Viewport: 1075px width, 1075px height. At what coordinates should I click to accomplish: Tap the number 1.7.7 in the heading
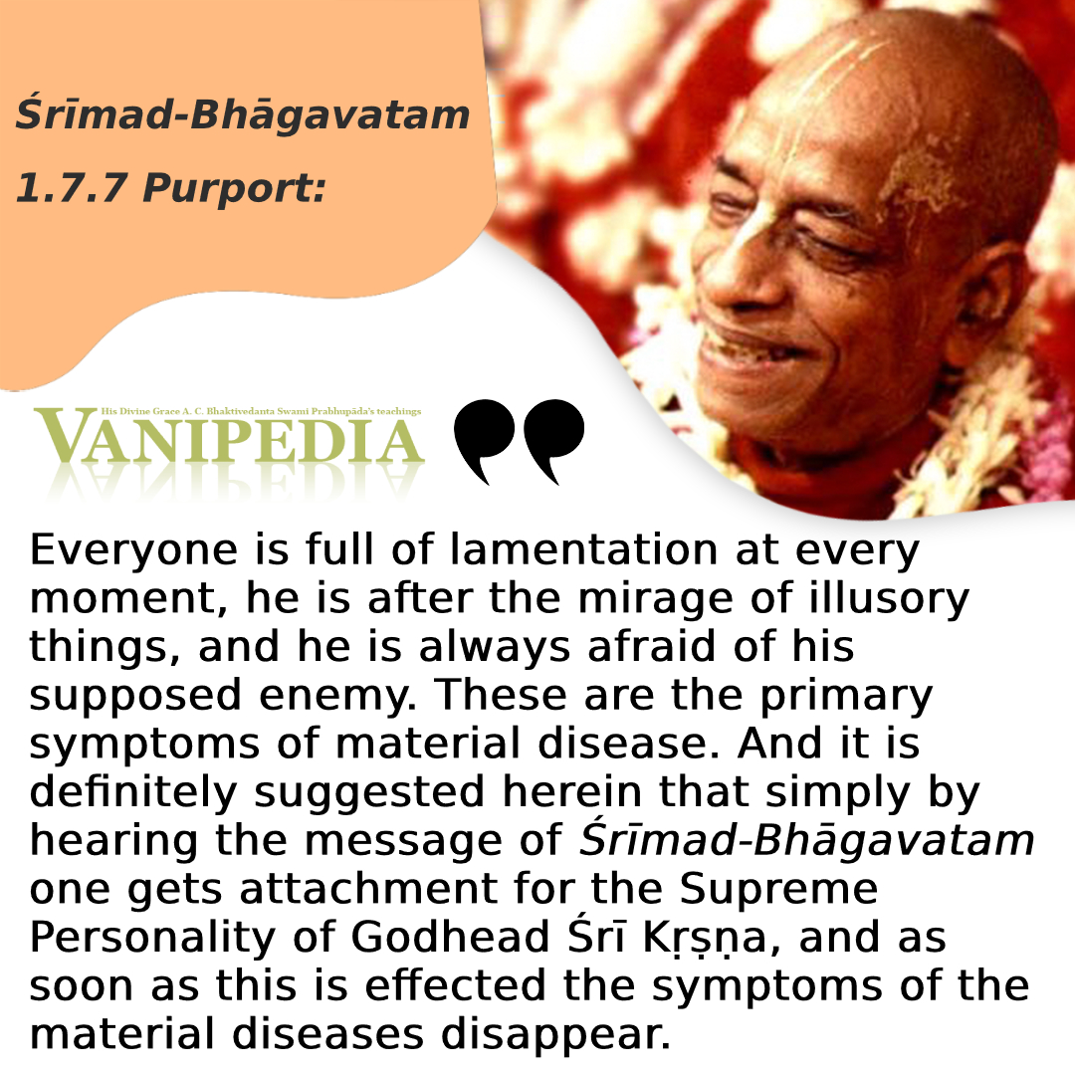coord(70,188)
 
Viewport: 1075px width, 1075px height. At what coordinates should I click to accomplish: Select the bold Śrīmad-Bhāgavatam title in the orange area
coord(243,113)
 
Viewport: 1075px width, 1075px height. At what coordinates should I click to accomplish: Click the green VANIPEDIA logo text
coord(229,436)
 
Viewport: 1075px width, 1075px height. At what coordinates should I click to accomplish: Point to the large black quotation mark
coord(519,440)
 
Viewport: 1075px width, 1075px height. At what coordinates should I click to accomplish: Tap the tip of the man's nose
coord(713,288)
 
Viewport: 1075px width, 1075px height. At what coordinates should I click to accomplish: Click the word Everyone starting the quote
coord(133,551)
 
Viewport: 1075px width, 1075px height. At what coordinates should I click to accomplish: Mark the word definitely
coord(133,792)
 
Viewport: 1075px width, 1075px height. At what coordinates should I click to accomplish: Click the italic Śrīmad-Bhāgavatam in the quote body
coord(806,841)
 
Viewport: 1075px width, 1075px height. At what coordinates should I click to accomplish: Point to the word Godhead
coord(451,938)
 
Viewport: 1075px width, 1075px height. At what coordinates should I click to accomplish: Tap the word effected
coord(455,985)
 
